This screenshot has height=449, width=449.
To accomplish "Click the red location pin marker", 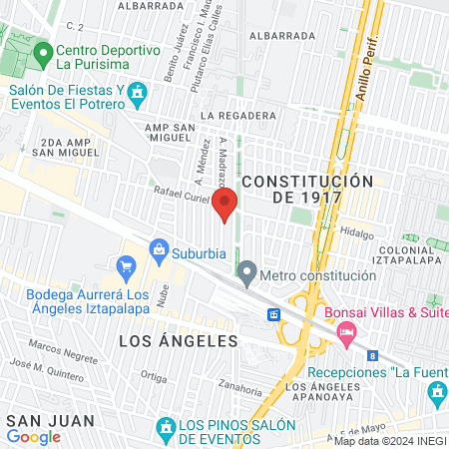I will (224, 204).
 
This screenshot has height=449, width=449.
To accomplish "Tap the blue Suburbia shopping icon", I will (158, 248).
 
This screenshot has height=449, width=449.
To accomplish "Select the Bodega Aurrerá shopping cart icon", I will (126, 266).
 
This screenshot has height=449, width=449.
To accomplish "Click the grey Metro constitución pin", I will (246, 270).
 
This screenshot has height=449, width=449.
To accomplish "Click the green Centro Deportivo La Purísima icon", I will (42, 51).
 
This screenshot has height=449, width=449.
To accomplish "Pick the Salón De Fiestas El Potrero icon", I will (137, 96).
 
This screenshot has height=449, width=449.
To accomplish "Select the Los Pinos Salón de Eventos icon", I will (166, 430).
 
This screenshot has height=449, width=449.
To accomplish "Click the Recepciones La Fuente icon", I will (437, 395).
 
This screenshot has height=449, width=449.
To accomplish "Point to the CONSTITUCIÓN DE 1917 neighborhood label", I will (307, 189).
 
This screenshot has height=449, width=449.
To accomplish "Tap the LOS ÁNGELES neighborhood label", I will (179, 341).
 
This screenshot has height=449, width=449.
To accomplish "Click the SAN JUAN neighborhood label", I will (37, 420).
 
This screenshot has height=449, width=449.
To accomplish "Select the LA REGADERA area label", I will (237, 116).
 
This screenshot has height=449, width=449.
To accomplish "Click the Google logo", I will (34, 437).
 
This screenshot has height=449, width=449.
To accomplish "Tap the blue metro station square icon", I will (272, 314).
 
